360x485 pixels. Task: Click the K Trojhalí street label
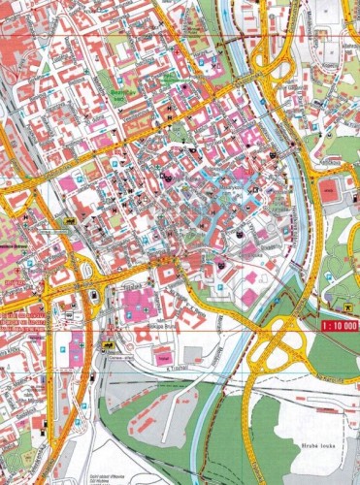click(x=175, y=368)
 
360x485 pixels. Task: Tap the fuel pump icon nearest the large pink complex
click(x=92, y=296)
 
